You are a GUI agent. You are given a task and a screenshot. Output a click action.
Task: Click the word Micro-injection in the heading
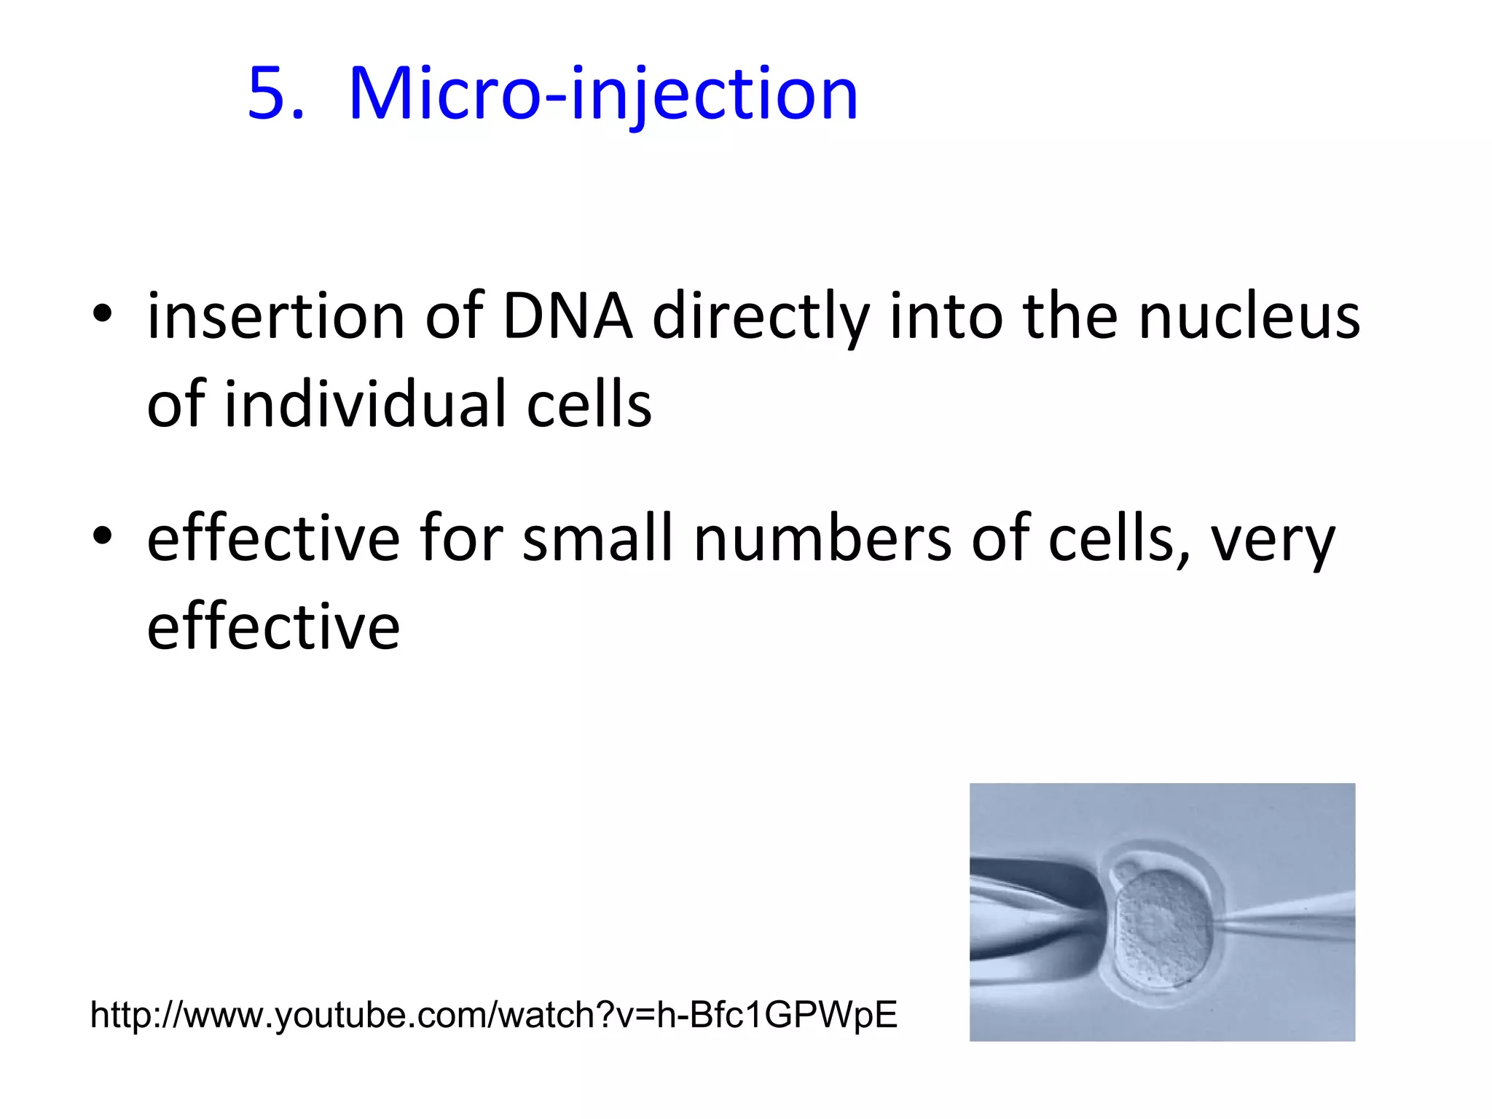[x=603, y=95]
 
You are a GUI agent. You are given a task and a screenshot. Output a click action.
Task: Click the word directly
[x=761, y=318]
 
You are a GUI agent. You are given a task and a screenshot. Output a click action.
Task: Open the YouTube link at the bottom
[x=493, y=1014]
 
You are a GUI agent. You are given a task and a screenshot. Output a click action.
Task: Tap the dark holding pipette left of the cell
[x=1034, y=911]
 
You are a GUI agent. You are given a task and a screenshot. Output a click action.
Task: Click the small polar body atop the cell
[x=1127, y=872]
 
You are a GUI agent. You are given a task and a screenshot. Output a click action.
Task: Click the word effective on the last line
[x=273, y=627]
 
